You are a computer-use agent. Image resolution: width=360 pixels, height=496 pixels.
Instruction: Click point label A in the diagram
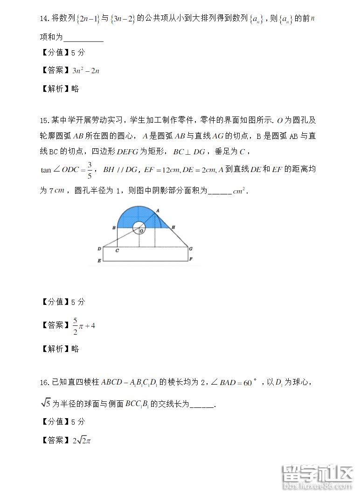[x=158, y=210]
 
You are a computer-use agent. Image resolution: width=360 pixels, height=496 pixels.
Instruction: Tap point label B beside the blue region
[x=113, y=228]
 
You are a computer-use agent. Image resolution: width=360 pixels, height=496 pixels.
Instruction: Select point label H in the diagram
[x=173, y=227]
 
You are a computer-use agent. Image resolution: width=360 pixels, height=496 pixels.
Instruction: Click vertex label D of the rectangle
[x=99, y=249]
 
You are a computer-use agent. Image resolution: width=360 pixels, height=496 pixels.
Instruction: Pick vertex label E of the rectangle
[x=99, y=261]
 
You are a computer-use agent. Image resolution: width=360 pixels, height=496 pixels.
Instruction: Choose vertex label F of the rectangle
[x=191, y=259]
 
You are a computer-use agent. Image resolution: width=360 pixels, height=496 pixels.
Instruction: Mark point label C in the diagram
[x=117, y=251]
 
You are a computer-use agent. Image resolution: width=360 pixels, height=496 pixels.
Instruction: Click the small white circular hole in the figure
[x=138, y=227]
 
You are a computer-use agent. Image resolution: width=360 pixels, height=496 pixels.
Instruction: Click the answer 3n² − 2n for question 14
[x=86, y=71]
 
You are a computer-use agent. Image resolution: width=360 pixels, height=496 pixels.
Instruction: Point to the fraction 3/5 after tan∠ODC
[x=90, y=169]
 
